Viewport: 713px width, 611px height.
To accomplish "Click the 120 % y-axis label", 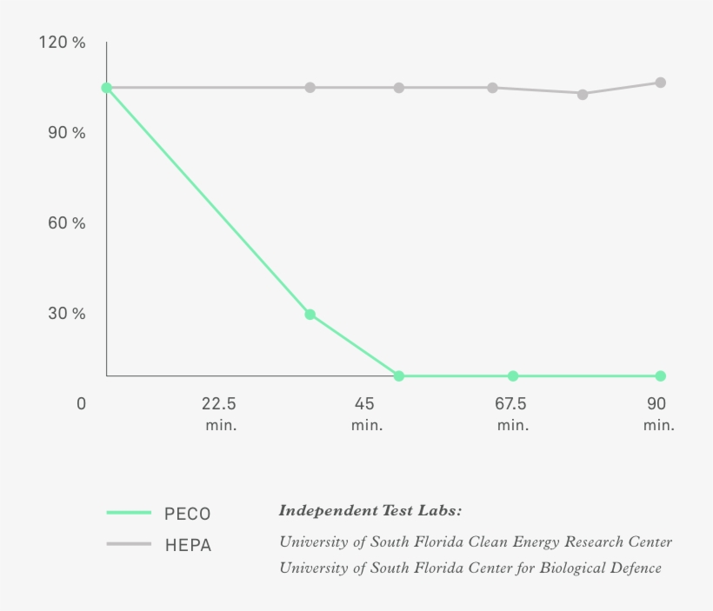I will point(62,43).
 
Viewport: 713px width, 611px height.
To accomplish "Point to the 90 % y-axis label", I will point(66,133).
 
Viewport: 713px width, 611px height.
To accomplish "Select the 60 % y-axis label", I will point(66,223).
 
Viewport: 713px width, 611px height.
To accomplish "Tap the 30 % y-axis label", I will point(66,314).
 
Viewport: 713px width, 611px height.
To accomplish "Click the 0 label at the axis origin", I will point(81,404).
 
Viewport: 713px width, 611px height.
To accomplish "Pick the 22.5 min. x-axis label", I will point(219,414).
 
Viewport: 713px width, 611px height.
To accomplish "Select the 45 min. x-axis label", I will point(365,414).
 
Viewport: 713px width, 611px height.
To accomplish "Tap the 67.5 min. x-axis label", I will point(511,414).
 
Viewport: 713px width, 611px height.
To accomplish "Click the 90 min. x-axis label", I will point(657,414).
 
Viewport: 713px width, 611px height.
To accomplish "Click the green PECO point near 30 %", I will point(310,315).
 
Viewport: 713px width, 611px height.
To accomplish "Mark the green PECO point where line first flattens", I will point(398,376).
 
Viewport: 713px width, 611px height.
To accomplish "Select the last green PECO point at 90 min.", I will point(661,376).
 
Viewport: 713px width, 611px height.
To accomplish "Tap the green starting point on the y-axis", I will point(106,88).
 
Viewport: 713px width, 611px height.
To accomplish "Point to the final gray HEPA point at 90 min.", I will point(661,83).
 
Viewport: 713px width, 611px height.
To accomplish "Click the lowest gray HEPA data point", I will point(583,94).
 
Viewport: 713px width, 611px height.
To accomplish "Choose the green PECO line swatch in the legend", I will point(129,513).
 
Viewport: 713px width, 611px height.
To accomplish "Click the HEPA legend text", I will point(188,546).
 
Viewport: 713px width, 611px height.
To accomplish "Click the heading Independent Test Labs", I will point(370,510).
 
